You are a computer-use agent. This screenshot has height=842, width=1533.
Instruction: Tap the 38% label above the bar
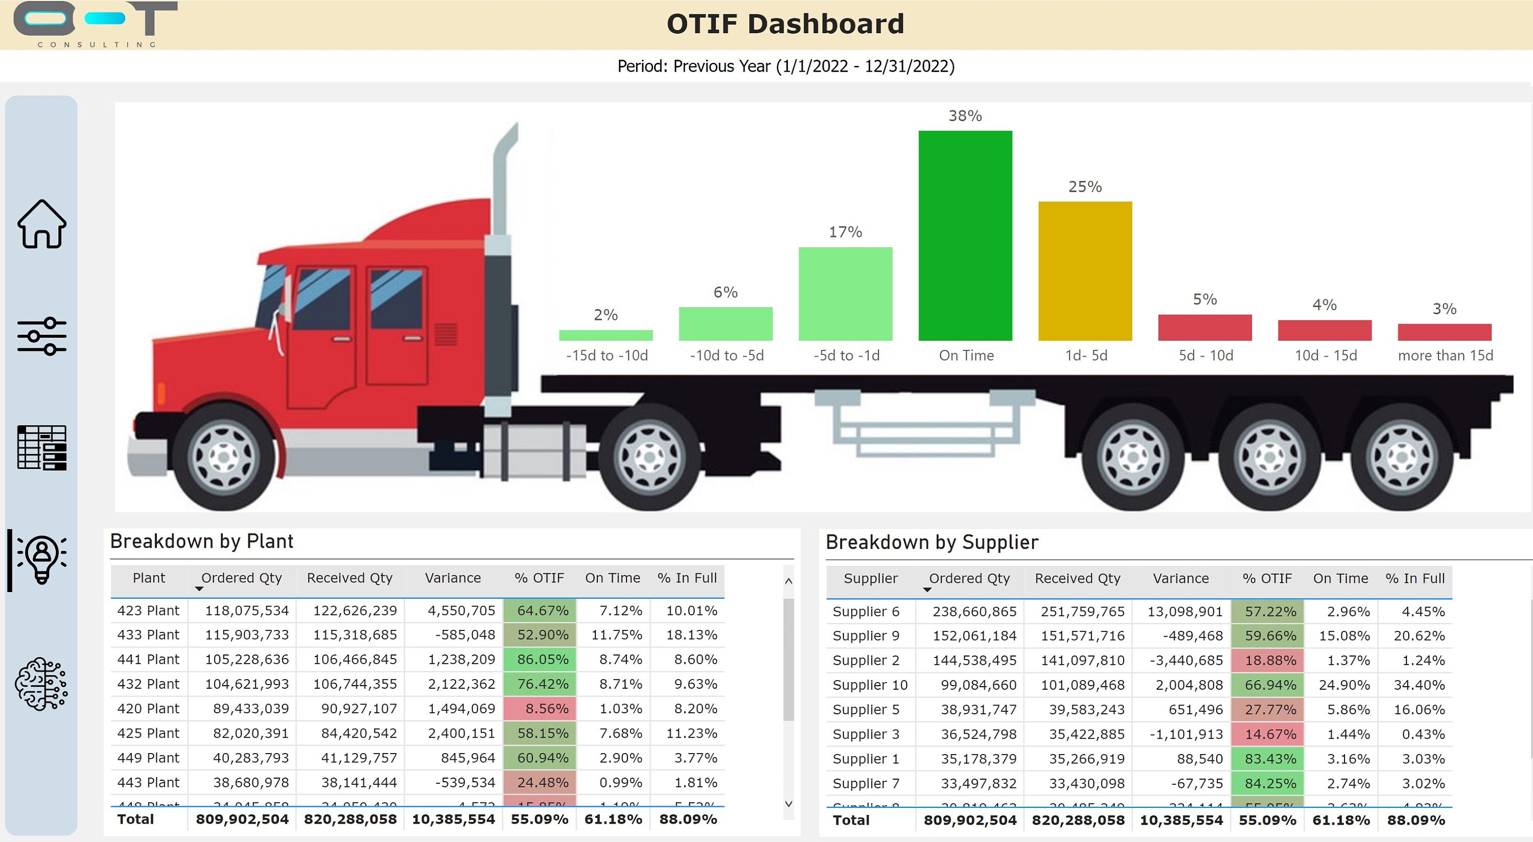coord(965,115)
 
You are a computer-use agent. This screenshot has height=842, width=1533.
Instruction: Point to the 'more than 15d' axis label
coord(1445,355)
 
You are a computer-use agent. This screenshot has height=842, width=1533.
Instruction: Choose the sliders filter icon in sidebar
coord(42,336)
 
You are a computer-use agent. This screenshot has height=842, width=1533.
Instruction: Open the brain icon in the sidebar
coord(42,684)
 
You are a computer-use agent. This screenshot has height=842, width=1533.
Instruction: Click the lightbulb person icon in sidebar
coord(42,559)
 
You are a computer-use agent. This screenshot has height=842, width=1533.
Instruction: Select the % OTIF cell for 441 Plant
coord(540,659)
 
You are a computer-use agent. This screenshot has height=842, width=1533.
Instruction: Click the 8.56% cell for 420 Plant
coord(540,709)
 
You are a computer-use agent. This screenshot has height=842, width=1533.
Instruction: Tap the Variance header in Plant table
coord(453,578)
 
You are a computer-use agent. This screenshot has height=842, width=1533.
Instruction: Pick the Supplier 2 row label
coord(865,661)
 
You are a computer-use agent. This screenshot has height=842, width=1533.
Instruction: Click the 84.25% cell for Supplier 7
coord(1268,784)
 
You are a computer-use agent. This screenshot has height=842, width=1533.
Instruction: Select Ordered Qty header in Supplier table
coord(969,578)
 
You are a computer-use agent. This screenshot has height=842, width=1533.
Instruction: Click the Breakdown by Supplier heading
coord(932,542)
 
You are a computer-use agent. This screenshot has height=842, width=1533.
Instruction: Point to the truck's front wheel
coord(224,457)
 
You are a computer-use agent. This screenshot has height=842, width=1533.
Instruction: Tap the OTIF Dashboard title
coord(785,25)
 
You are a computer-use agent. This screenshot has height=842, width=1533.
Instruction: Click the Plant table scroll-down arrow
coord(788,804)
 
